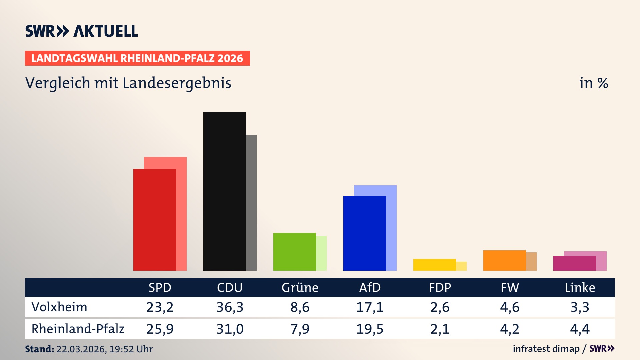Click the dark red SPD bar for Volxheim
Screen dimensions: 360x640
(154, 220)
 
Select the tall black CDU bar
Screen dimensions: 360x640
(224, 191)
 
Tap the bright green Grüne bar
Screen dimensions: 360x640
(294, 252)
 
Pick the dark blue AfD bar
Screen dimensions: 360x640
(364, 233)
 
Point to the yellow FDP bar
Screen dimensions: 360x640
(434, 265)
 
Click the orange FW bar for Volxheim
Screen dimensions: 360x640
(504, 260)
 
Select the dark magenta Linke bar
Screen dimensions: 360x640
(574, 263)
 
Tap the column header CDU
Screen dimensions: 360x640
(230, 287)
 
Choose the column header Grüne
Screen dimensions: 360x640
(300, 287)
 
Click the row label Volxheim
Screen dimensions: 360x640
(59, 307)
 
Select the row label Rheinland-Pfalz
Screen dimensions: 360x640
(78, 329)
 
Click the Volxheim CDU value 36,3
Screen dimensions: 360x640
(230, 307)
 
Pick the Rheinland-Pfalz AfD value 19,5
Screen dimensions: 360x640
(370, 329)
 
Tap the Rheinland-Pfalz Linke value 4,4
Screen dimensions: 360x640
(580, 329)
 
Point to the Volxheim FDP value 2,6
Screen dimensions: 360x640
(440, 307)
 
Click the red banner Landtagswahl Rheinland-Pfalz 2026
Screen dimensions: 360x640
(137, 58)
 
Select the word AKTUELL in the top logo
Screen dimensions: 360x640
(106, 31)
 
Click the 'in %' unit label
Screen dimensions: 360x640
(594, 83)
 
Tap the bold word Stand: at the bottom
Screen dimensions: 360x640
(39, 349)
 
